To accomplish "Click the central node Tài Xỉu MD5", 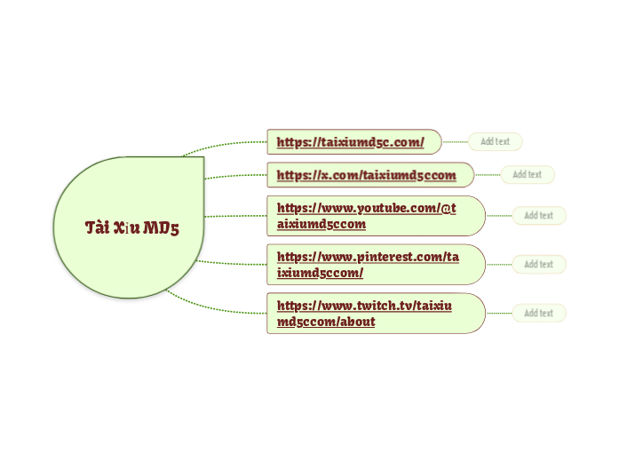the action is point(129,227).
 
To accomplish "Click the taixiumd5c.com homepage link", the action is point(350,142).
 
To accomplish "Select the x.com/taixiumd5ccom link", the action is point(366,175).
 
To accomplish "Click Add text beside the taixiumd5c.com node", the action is point(495,141).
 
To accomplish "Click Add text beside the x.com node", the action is point(528,175).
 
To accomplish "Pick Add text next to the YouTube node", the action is point(538,216).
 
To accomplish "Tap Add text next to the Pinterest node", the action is point(538,265).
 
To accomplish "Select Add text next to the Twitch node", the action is point(538,314).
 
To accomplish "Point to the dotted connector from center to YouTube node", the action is point(235,216).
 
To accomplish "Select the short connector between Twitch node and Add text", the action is point(498,314).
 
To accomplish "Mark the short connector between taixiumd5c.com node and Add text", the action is point(455,141).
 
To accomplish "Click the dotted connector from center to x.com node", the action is point(235,175).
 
